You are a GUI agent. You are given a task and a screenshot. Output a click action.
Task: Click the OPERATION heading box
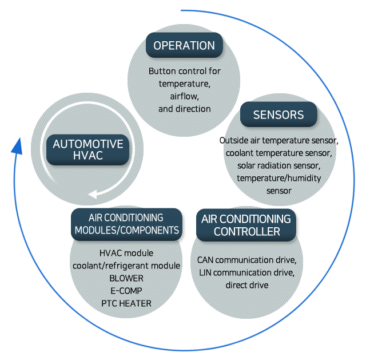184,46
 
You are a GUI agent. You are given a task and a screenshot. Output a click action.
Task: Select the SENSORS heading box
279,114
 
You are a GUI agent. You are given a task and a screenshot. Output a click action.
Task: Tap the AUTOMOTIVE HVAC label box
88,149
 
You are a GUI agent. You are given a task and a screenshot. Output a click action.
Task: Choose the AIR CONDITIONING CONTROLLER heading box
246,225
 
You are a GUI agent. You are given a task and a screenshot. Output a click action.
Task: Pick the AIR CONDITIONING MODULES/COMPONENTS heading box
126,224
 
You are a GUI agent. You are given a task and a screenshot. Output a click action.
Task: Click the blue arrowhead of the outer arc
17,147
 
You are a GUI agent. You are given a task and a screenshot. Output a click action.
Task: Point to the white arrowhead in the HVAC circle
96,193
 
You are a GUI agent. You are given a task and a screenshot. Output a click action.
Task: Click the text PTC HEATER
126,303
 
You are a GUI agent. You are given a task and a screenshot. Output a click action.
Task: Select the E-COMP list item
126,290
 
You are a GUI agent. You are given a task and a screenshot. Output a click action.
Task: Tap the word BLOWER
126,278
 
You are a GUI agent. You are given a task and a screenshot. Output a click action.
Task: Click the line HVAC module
126,253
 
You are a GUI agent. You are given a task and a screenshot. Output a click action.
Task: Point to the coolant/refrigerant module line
126,266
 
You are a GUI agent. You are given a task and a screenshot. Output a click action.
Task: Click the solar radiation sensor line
279,165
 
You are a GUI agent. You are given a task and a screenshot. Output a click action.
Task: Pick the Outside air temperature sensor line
279,140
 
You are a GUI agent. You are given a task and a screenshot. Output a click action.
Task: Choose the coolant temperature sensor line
279,153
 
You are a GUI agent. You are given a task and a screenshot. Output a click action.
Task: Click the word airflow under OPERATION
184,96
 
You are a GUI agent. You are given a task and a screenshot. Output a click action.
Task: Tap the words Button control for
184,72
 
